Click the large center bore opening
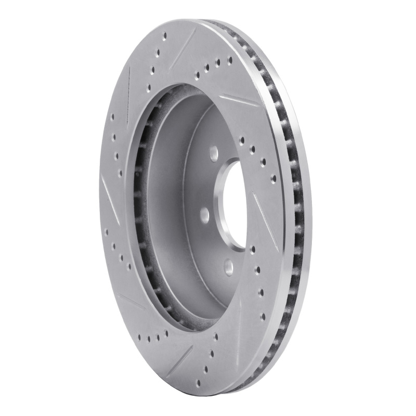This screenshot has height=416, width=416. (237, 205)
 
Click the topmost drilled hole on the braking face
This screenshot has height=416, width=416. (165, 36)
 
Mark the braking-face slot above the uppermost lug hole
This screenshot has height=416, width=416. (238, 99)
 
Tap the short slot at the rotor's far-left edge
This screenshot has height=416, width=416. (108, 190)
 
